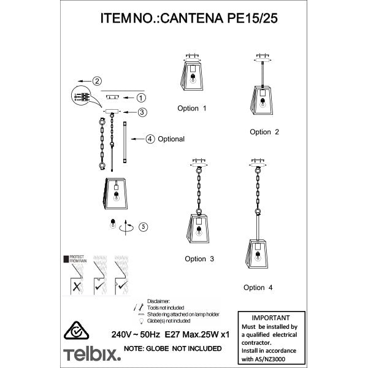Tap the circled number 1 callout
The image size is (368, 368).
[141, 98]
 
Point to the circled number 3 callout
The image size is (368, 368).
[142, 112]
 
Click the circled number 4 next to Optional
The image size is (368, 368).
[149, 139]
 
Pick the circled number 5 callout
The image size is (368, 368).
[143, 226]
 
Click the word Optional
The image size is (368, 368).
[171, 139]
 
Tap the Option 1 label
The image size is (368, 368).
[192, 109]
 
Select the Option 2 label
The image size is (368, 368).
[264, 132]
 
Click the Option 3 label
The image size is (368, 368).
[199, 259]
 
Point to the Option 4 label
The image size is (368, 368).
[258, 287]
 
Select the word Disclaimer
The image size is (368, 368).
[159, 302]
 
